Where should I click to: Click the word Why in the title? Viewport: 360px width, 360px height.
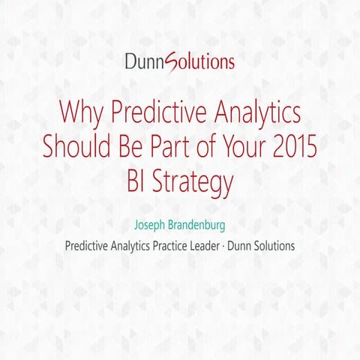(81, 114)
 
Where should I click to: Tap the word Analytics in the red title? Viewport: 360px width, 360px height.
(253, 114)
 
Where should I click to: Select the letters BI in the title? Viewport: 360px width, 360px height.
(139, 180)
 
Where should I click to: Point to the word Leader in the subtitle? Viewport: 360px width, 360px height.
(213, 246)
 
